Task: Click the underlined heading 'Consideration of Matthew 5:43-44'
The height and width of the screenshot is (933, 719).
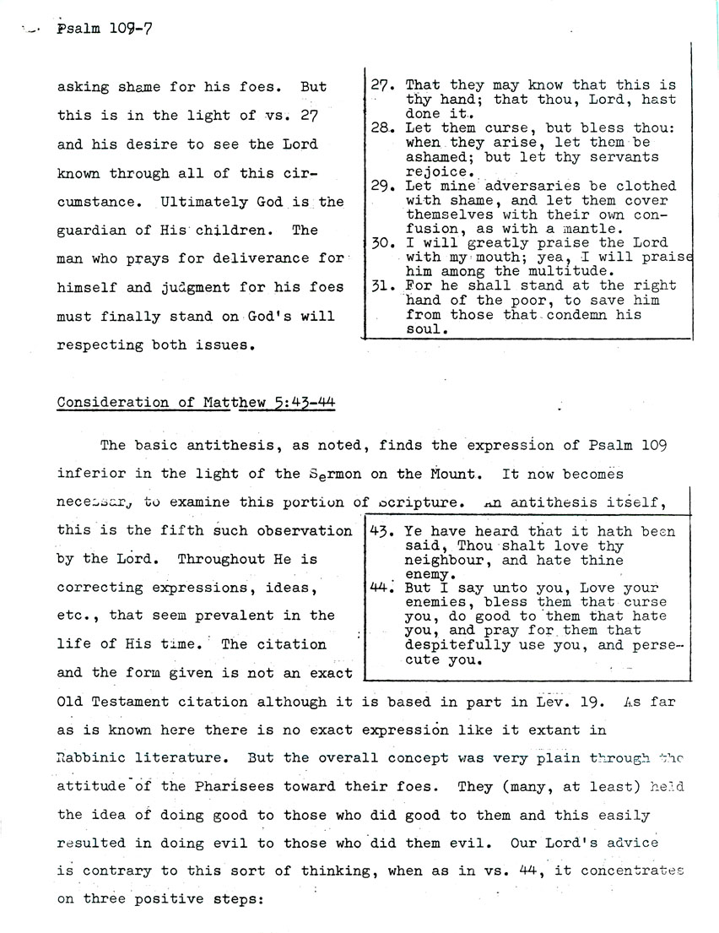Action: click(196, 403)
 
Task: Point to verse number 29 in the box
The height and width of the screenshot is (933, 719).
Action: click(382, 185)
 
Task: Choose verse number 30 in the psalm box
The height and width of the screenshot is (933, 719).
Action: click(382, 242)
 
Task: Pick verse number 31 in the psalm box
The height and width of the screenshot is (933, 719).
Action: click(382, 286)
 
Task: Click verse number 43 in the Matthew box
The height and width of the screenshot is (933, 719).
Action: click(382, 532)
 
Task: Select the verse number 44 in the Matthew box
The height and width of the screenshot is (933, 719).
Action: click(382, 589)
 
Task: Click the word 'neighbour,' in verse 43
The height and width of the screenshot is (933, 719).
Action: click(446, 560)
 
